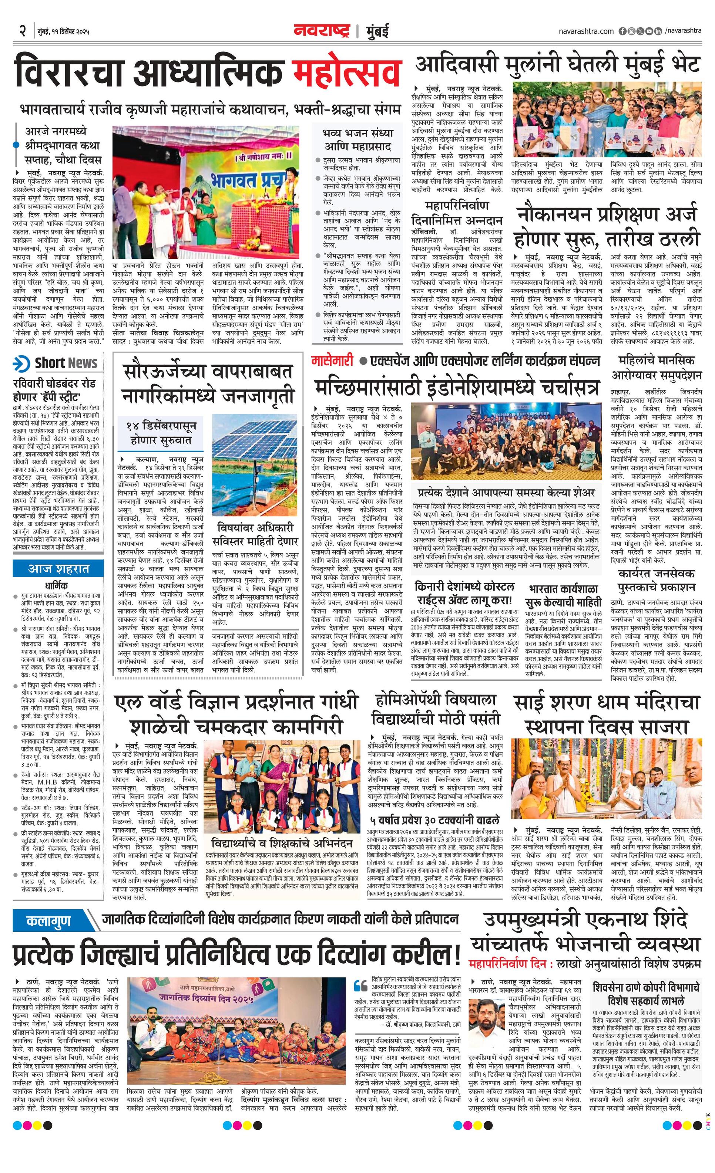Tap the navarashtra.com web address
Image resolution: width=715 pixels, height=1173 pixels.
(x=586, y=31)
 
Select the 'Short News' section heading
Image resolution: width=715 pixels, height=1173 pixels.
(x=65, y=363)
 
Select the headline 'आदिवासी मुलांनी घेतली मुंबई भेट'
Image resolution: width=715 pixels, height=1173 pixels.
(x=557, y=64)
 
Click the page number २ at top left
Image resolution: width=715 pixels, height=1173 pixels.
(x=22, y=31)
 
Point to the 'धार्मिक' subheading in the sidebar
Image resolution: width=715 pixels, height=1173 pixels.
(x=56, y=585)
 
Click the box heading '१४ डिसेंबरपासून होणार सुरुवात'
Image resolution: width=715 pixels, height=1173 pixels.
(x=161, y=432)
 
